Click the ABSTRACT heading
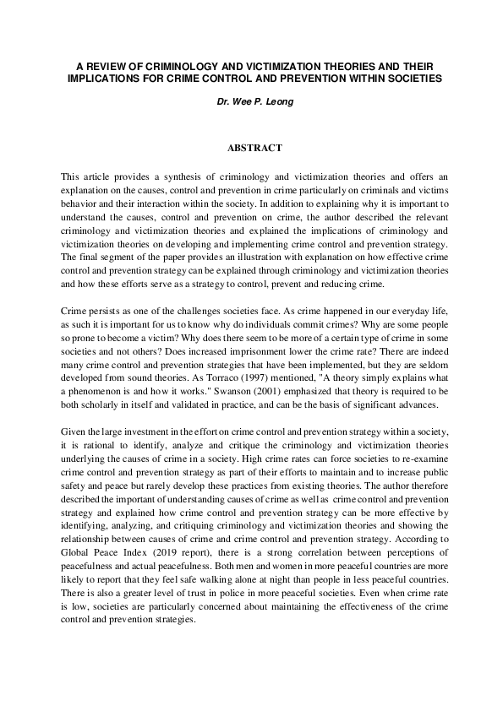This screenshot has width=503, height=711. (254, 148)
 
